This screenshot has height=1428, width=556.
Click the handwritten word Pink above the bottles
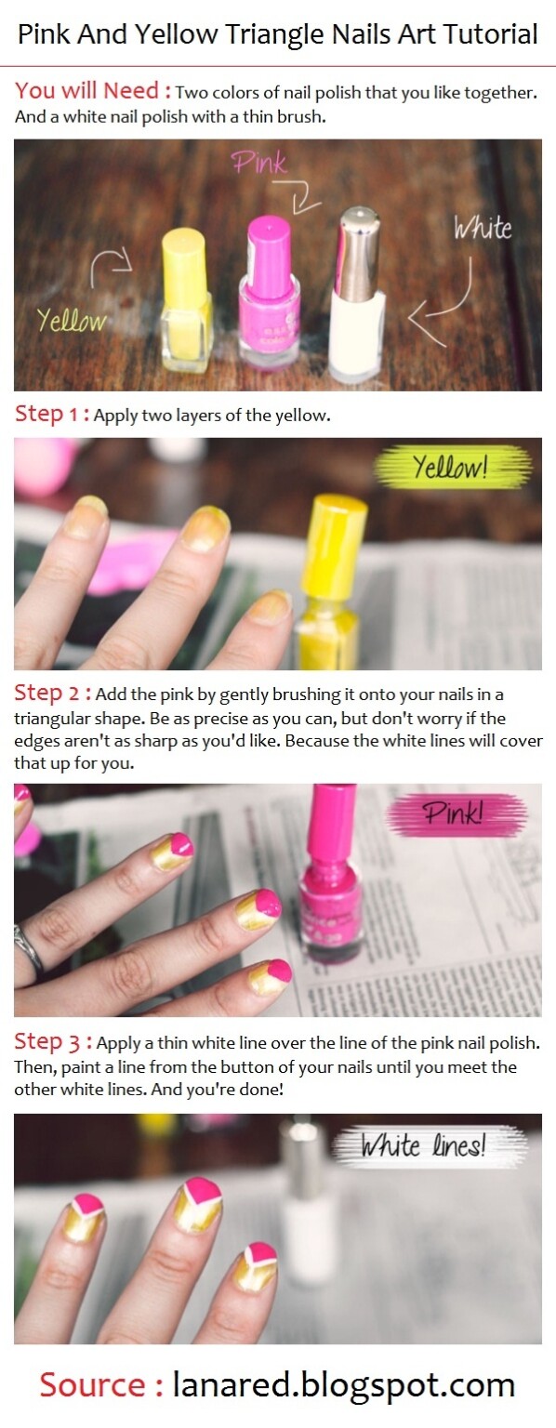(260, 165)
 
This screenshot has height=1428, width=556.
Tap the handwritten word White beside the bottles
(483, 227)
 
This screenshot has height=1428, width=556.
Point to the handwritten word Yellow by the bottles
(72, 321)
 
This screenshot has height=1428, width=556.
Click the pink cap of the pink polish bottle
(270, 245)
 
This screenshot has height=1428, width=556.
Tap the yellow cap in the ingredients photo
(183, 255)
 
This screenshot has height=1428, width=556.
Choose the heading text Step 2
(52, 694)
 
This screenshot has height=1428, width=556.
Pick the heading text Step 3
(53, 1042)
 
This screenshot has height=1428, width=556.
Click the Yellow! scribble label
(451, 468)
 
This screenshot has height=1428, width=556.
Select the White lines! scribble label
(423, 1145)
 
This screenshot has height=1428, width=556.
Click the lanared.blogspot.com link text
(343, 1384)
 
